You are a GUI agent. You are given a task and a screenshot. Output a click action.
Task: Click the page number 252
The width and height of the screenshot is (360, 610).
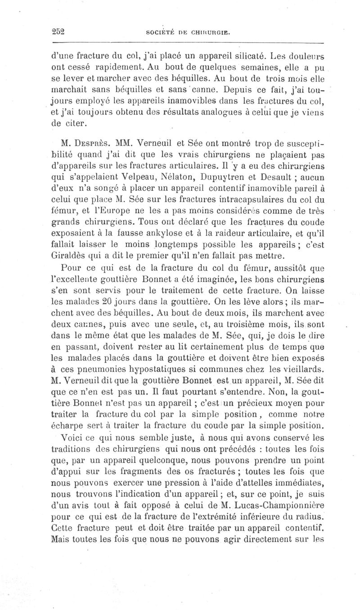pyautogui.click(x=58, y=32)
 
